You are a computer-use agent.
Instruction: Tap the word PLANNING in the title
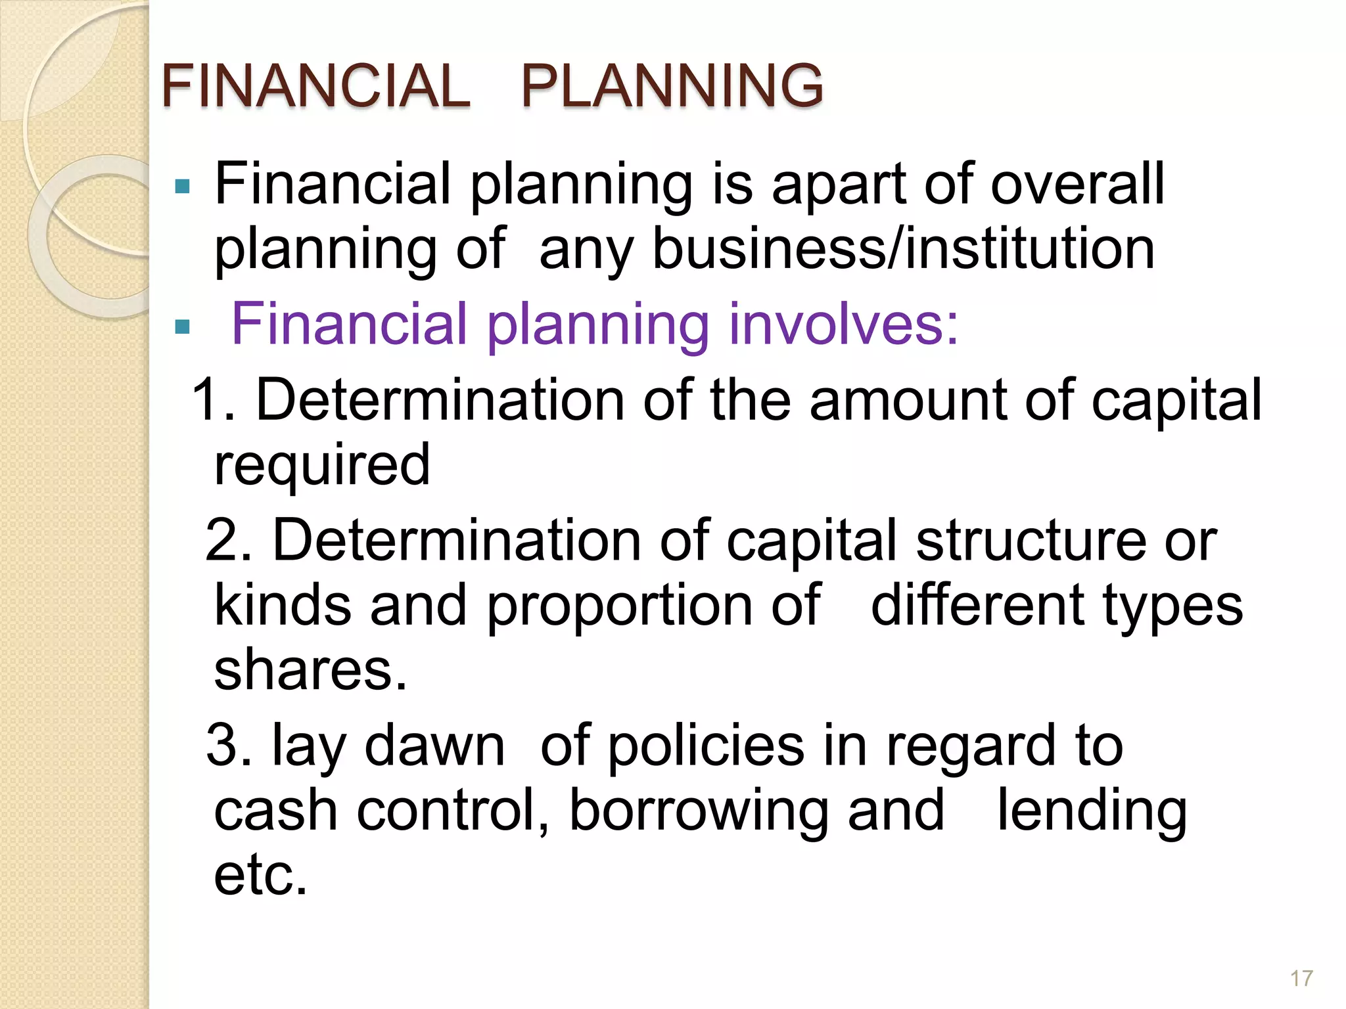(x=672, y=85)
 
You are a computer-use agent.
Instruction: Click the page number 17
(x=1301, y=979)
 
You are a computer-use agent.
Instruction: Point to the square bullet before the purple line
(x=182, y=326)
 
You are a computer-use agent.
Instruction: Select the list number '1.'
(x=213, y=399)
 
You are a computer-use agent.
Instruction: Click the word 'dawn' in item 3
(x=434, y=746)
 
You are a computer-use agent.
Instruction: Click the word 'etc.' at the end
(x=261, y=876)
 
